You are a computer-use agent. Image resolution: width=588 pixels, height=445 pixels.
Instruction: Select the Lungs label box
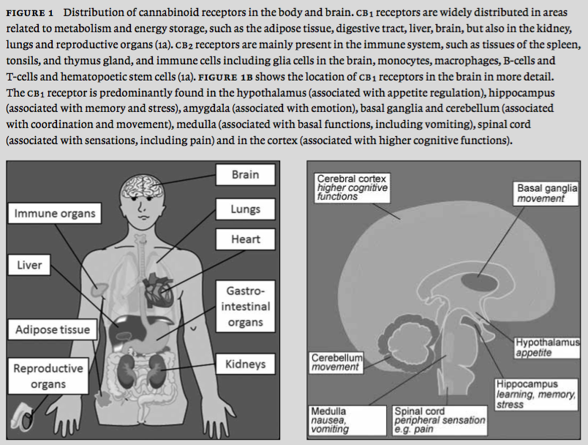coord(245,209)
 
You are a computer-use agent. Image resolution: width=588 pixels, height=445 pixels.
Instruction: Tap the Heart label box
coord(245,239)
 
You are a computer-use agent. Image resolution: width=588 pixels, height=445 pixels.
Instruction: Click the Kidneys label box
coord(245,363)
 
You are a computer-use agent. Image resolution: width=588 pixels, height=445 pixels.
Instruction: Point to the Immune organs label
coord(56,214)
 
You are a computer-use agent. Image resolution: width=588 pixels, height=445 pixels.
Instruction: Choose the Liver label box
coord(30,265)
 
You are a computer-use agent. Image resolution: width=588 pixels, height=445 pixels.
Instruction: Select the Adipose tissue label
coord(53,329)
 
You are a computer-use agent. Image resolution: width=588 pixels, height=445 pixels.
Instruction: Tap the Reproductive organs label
coord(48,376)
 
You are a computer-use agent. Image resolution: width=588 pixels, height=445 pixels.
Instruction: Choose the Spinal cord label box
coord(439,421)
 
